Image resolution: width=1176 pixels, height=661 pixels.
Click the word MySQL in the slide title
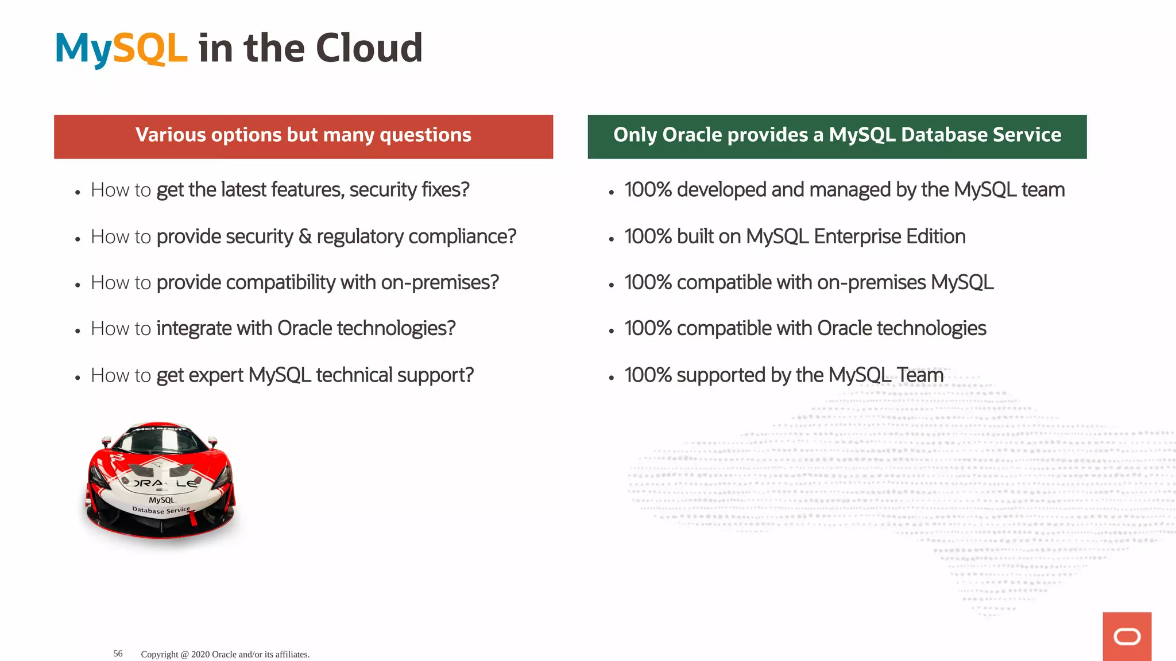pos(121,48)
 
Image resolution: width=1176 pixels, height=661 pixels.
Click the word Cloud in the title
pos(369,48)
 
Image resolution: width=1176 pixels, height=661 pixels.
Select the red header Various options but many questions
pos(303,136)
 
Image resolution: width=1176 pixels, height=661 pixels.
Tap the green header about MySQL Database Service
pos(837,136)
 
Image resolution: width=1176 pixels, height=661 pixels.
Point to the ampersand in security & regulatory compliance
pos(305,236)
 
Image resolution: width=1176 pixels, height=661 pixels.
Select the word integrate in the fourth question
pos(194,329)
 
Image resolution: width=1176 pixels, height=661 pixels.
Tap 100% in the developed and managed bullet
pos(648,190)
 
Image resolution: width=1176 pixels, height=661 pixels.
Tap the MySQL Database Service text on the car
pos(161,506)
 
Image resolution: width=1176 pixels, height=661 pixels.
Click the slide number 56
pos(118,654)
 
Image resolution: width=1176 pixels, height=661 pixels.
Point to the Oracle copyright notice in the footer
pos(225,654)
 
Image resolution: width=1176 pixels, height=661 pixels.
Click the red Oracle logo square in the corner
pos(1127,636)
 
